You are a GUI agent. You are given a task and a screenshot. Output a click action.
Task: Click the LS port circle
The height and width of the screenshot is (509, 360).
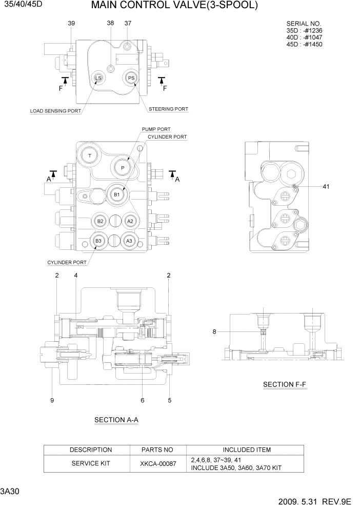98,78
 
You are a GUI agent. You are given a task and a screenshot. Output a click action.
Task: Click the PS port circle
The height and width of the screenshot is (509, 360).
131,78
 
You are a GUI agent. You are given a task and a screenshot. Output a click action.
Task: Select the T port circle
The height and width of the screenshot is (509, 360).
90,155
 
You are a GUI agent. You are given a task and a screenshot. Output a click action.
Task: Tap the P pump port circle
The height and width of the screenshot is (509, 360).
123,167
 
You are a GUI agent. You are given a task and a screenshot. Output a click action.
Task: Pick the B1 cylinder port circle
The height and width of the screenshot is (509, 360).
116,194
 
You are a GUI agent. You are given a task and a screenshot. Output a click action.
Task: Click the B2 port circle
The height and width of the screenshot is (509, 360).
101,221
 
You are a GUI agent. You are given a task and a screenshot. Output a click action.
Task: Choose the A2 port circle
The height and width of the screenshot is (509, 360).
130,221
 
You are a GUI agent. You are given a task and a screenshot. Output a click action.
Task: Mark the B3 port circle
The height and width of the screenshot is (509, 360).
99,240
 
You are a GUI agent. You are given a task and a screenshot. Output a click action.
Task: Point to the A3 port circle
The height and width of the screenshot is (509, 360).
129,240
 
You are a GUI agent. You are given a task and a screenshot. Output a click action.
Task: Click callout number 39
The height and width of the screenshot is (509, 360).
71,24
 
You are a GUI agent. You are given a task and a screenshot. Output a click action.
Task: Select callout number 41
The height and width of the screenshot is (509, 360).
326,187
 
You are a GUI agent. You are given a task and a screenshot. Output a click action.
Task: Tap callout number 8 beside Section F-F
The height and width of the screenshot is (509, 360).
214,332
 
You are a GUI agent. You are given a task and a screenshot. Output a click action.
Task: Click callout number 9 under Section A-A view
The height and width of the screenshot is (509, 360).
52,401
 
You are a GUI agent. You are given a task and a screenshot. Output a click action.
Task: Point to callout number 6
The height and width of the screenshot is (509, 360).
142,401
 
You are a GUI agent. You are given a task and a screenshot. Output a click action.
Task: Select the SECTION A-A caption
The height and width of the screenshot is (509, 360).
116,420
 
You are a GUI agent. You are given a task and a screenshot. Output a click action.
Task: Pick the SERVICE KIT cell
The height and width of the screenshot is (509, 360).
91,463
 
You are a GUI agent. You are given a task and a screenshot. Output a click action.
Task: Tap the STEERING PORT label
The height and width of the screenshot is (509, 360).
168,109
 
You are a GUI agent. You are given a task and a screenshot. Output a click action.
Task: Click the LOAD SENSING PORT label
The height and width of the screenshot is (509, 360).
55,111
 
